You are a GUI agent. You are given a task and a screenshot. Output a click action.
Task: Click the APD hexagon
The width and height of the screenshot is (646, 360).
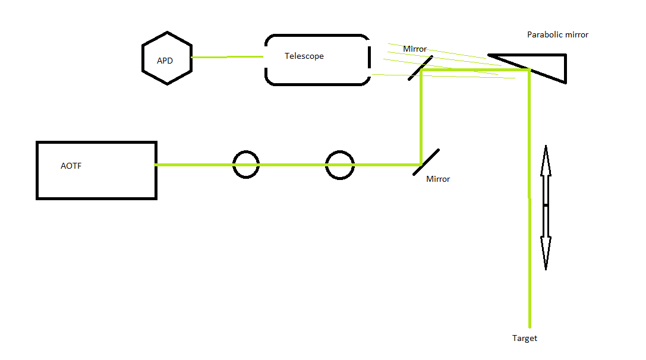167,58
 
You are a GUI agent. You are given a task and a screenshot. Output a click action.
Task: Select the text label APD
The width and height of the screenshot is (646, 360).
165,61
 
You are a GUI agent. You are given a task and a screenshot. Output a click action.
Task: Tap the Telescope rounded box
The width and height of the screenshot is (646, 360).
317,59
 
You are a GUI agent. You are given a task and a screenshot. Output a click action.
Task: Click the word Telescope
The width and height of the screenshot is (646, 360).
304,56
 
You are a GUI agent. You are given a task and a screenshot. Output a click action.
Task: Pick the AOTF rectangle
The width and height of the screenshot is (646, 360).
96,170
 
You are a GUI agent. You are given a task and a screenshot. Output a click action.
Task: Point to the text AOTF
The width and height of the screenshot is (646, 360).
71,166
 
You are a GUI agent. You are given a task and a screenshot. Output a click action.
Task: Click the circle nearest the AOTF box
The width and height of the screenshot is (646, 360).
245,165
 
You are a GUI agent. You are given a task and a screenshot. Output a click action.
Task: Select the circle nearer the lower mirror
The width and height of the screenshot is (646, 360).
340,165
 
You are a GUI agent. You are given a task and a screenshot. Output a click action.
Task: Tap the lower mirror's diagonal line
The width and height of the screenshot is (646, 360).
426,162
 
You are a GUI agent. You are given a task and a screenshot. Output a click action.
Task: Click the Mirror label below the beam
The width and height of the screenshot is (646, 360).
438,179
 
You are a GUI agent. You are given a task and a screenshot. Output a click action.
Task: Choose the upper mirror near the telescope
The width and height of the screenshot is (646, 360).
420,69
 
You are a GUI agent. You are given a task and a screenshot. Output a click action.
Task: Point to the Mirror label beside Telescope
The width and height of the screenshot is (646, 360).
415,49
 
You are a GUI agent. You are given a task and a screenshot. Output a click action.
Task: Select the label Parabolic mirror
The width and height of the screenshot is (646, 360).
557,35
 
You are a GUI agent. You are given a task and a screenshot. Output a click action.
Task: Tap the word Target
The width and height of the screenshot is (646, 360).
525,339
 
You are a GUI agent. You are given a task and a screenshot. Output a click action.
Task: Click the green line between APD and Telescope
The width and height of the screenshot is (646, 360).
227,57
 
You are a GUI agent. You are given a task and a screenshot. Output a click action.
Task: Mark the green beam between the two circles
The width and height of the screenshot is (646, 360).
292,165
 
